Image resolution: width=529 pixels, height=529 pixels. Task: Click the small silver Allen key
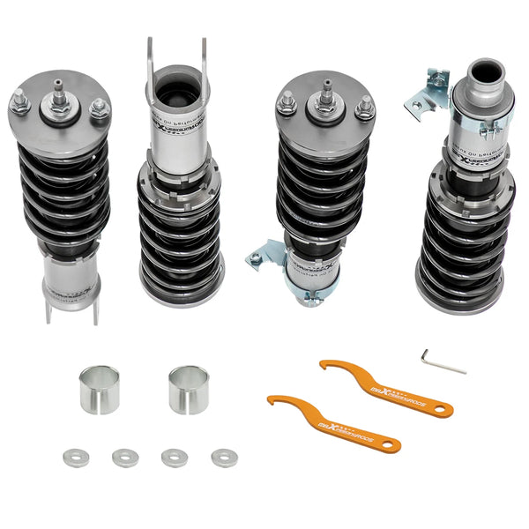443,361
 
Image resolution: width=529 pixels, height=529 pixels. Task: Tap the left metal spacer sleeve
99,390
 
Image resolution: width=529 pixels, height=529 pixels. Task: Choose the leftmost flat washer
77,457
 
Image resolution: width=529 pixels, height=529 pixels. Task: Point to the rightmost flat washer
223,457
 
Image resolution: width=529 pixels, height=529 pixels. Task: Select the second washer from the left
125,457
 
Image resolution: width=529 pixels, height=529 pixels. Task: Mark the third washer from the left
174,457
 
